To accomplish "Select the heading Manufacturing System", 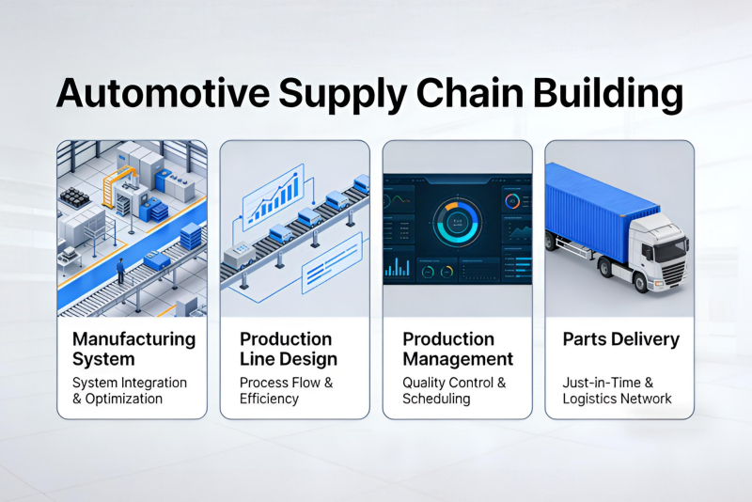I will (x=133, y=349).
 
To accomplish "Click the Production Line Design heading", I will (x=288, y=349).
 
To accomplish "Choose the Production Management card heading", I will (x=458, y=349).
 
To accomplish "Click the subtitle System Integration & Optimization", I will (x=130, y=391).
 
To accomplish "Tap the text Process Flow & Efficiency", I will (x=286, y=391).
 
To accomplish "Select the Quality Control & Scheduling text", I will (x=454, y=391).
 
